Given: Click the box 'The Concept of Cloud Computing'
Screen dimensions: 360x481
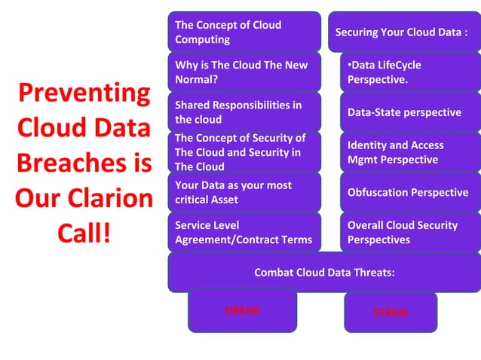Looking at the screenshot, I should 244,32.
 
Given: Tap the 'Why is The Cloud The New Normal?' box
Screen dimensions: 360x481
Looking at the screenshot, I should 244,72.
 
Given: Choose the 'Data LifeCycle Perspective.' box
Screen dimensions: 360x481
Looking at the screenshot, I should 408,72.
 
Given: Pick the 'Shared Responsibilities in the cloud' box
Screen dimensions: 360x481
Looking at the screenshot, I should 244,111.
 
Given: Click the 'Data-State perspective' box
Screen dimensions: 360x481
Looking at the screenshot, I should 408,112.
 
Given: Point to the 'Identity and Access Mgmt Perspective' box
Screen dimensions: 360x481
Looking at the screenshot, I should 408,152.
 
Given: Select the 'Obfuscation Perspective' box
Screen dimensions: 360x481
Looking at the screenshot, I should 408,192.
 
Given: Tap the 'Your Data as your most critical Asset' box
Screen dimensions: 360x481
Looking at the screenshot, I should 244,192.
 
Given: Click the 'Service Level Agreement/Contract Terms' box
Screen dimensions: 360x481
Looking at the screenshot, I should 244,232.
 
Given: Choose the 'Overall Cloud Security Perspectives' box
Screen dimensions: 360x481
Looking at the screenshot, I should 408,232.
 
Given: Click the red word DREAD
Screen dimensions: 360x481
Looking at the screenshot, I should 242,310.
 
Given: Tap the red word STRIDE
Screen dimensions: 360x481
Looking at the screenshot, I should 391,312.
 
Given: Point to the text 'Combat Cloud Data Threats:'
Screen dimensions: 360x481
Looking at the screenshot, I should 324,273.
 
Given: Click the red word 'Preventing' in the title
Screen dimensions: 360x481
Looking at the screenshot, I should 84,93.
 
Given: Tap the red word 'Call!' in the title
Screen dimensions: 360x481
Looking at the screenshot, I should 84,233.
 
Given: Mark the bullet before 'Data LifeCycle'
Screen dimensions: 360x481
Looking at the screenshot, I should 349,66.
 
